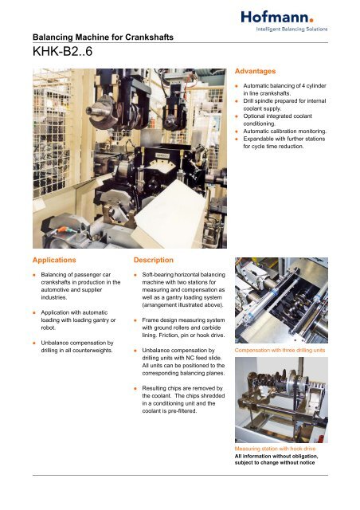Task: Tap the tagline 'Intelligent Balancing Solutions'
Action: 289,29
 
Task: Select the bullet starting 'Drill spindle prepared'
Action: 286,102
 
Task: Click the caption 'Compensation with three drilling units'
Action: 280,350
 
